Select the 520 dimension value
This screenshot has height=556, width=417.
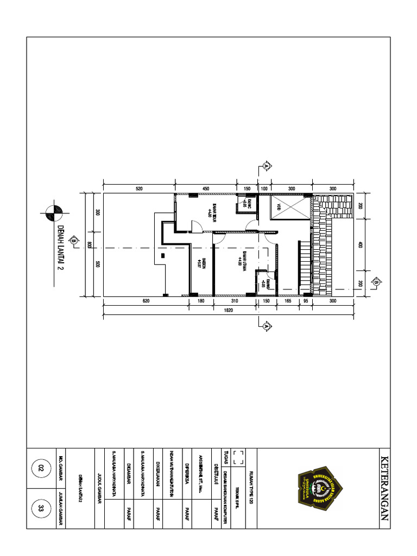(139, 188)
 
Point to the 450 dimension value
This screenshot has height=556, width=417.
(205, 188)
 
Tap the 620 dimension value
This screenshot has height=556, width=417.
(146, 301)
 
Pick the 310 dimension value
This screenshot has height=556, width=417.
(235, 301)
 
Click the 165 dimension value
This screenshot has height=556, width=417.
(288, 301)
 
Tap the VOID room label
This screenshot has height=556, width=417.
(277, 207)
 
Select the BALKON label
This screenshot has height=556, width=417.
(201, 263)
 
